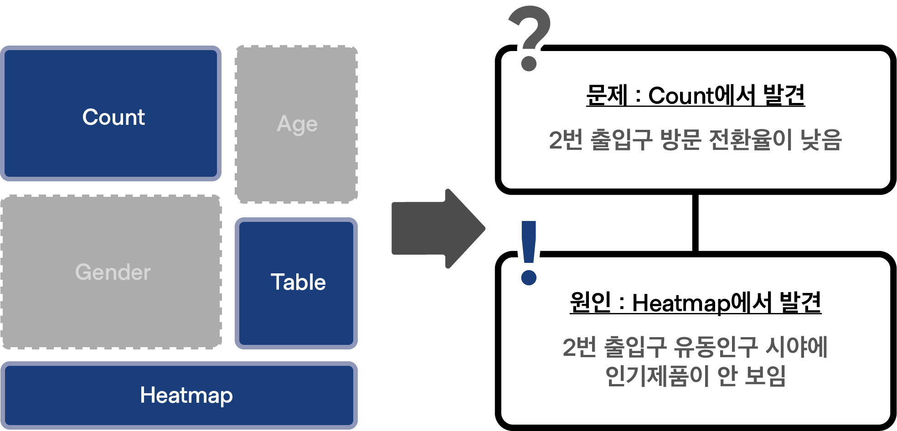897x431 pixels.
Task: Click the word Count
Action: pos(113,117)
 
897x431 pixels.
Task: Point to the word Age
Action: pos(297,124)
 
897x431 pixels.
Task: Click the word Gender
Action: pos(113,272)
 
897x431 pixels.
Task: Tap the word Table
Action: pos(298,282)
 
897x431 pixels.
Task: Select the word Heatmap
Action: pos(186,395)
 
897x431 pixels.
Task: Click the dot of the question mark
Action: pos(529,64)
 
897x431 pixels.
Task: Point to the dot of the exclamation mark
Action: pos(529,277)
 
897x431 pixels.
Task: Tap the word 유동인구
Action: pos(715,348)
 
